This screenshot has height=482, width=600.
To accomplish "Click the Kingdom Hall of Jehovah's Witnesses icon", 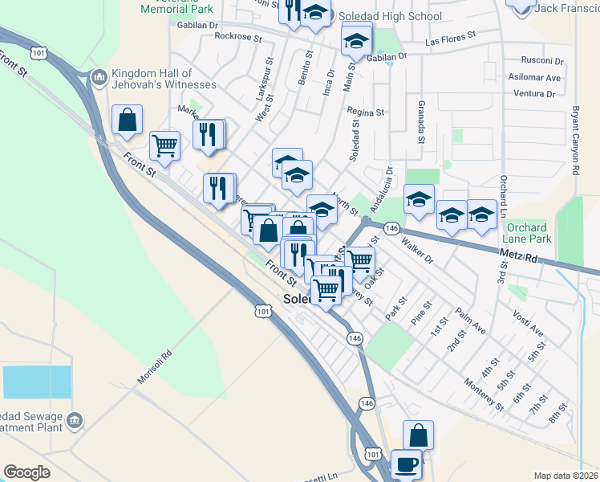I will coord(99,77).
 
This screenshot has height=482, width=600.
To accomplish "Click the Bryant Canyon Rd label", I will coord(575,141).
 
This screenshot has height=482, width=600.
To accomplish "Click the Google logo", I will coord(26,472).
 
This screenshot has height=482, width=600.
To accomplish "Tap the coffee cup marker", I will coord(407,464).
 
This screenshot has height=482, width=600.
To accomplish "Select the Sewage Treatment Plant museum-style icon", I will coord(75,420).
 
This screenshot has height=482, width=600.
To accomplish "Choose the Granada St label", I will coord(420,123).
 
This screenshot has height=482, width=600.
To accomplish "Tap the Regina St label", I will coord(366,112).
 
